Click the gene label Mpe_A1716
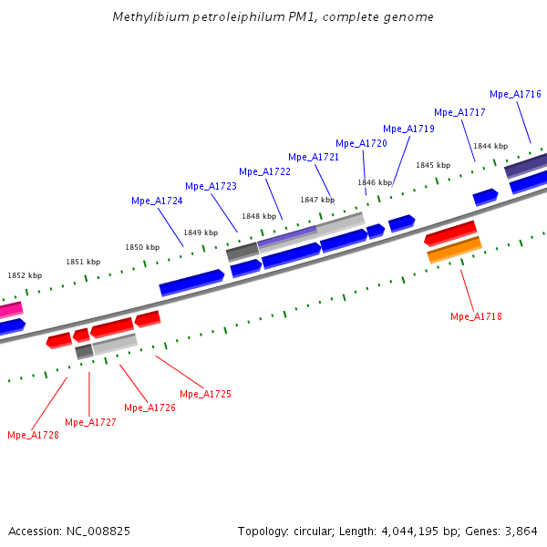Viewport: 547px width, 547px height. pos(515,94)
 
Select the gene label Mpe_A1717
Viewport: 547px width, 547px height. pos(459,112)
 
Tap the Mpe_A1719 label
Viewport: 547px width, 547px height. pos(408,129)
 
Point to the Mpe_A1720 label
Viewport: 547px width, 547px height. pos(361,143)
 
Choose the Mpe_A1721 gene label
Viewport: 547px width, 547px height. pos(314,157)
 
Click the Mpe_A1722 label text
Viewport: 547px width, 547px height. pos(264,171)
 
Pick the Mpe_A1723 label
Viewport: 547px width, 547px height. pos(211,186)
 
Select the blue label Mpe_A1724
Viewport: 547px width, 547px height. pos(157,201)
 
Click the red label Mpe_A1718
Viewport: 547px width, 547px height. pos(476,316)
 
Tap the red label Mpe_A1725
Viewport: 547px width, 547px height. pos(205,394)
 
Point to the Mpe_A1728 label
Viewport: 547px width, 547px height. pos(33,435)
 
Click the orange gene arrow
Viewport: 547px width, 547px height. pos(454,249)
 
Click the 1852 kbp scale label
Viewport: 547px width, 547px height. pos(25,275)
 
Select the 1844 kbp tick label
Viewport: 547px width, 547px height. pos(490,146)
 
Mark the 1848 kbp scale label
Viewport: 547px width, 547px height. pos(259,216)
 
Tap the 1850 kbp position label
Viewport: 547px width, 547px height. pos(142,247)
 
